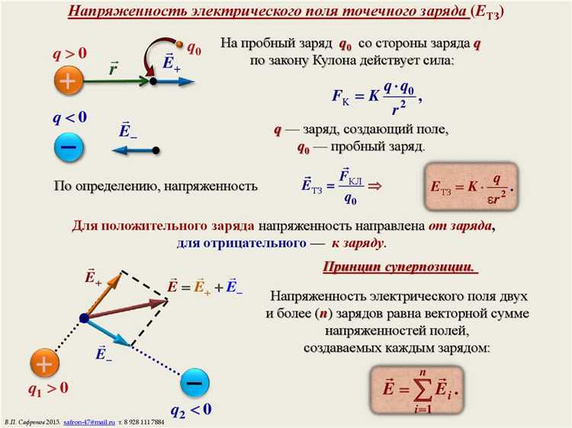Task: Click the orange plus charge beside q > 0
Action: click(69, 81)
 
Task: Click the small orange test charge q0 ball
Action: click(179, 46)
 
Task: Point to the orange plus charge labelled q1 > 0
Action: click(44, 364)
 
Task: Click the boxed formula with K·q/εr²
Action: click(471, 186)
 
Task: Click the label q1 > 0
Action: click(48, 388)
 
